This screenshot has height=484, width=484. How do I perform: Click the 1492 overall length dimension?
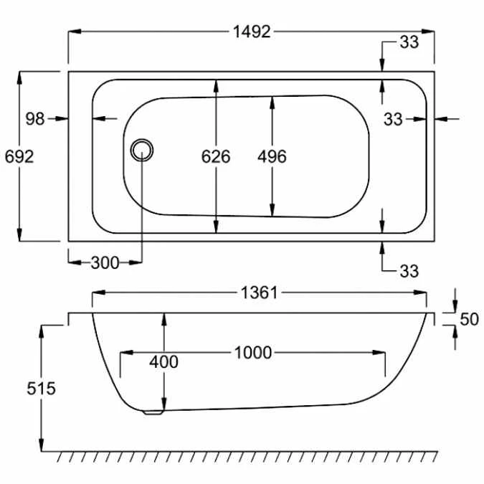[x=252, y=32]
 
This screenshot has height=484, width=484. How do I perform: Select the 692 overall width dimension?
[x=19, y=156]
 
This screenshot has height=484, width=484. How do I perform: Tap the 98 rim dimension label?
[x=35, y=119]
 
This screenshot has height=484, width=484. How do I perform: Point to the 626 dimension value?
[x=216, y=156]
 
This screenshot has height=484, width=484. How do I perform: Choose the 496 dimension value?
[x=272, y=156]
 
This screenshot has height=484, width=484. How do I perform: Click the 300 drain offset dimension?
[x=105, y=263]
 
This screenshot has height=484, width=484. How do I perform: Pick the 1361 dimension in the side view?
[x=260, y=293]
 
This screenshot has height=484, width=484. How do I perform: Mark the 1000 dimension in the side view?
[x=253, y=353]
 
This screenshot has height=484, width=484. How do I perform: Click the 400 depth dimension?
[x=163, y=362]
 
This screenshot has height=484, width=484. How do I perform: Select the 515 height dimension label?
[x=41, y=389]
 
